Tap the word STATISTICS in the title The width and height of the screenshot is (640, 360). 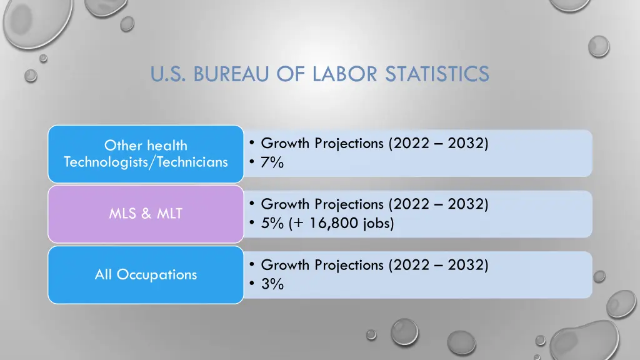(x=437, y=74)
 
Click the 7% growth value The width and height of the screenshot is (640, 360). (x=272, y=162)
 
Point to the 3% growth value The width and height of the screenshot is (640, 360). (x=272, y=284)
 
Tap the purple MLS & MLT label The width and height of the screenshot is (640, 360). (x=146, y=214)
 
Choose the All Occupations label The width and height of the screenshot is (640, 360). (x=146, y=274)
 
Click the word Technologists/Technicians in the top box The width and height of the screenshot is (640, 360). (x=146, y=162)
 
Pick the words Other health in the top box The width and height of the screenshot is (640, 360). (x=146, y=146)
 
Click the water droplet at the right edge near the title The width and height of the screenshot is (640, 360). (x=598, y=46)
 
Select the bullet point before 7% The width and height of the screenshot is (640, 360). (x=251, y=162)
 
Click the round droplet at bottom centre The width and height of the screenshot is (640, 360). (x=404, y=332)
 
